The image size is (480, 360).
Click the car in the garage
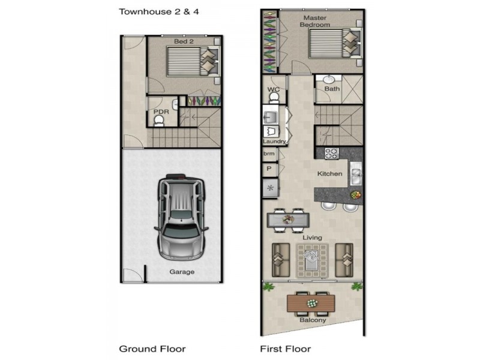pyautogui.click(x=182, y=217)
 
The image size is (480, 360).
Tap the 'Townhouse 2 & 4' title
pyautogui.click(x=159, y=11)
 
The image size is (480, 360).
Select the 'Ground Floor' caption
pyautogui.click(x=152, y=349)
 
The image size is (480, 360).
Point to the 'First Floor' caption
pyautogui.click(x=286, y=349)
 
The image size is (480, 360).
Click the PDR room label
pyautogui.click(x=161, y=112)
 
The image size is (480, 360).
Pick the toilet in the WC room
pyautogui.click(x=274, y=98)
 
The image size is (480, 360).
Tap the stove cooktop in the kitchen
pyautogui.click(x=331, y=153)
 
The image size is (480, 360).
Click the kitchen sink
pyautogui.click(x=356, y=173)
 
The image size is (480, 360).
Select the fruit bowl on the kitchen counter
pyautogui.click(x=356, y=194)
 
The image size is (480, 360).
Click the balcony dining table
pyautogui.click(x=311, y=303)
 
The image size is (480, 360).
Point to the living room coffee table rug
pyautogui.click(x=312, y=260)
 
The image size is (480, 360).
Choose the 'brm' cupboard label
pyautogui.click(x=269, y=154)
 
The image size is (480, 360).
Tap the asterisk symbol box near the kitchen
pyautogui.click(x=271, y=188)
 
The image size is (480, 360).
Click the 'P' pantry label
pyautogui.click(x=269, y=169)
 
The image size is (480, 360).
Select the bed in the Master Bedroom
pyautogui.click(x=335, y=43)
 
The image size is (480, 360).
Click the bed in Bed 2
pyautogui.click(x=193, y=61)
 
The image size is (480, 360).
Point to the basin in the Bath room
pyautogui.click(x=328, y=80)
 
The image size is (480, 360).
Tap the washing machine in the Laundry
pyautogui.click(x=271, y=131)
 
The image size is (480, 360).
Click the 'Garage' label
pyautogui.click(x=182, y=272)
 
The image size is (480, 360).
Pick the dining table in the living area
pyautogui.click(x=288, y=220)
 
